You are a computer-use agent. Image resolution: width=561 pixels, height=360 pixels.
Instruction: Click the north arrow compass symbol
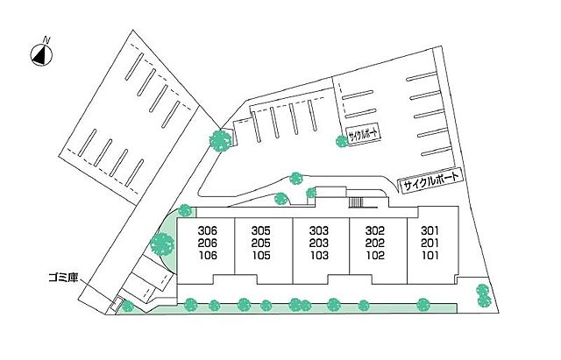pos(41,55)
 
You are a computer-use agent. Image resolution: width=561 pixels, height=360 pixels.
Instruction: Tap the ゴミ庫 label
pos(63,278)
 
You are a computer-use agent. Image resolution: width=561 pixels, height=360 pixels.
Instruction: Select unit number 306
pos(208,230)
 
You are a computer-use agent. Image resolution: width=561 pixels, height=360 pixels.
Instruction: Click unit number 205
pos(261,244)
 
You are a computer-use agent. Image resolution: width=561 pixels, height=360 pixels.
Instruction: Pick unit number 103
pos(319,256)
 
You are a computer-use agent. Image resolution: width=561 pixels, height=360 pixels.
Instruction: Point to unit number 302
pos(375,230)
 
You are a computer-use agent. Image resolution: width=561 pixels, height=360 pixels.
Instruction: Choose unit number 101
pos(430,256)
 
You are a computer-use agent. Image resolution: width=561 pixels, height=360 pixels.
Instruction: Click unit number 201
pos(430,244)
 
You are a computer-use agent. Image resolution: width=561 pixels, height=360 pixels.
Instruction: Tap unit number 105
pos(261,256)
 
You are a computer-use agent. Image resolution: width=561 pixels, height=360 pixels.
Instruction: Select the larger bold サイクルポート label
pos(430,181)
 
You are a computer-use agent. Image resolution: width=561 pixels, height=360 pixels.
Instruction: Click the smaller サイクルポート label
pos(363,135)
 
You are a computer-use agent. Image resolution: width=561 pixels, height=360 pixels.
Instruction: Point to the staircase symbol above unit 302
pos(356,202)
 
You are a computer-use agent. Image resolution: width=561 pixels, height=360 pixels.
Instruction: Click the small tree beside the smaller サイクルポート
pos(342,141)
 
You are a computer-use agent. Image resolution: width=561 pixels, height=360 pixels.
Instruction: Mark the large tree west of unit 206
pos(162,244)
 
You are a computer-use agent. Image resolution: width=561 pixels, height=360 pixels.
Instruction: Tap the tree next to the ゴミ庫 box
pos(127,306)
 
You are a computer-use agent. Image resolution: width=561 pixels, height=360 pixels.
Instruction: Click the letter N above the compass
pos(46,39)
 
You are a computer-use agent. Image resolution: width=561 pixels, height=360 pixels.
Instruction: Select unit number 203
pos(319,244)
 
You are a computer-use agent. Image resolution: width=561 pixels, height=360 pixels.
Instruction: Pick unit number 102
pos(375,256)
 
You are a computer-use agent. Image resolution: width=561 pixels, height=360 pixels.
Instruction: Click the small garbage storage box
pos(116,304)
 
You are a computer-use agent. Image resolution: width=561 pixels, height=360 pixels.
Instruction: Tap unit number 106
pos(208,256)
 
